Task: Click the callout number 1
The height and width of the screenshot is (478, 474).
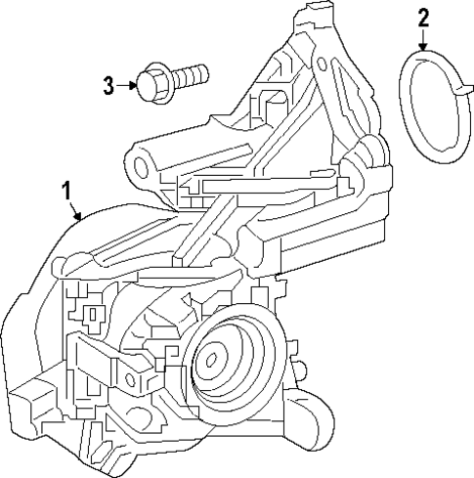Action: (x=66, y=189)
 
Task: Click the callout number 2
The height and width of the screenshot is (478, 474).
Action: (x=422, y=17)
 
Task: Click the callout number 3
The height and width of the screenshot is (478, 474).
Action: (x=109, y=85)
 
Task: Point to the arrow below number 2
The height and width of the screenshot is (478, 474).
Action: (x=422, y=39)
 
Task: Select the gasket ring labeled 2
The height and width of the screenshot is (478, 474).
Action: (x=430, y=108)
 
